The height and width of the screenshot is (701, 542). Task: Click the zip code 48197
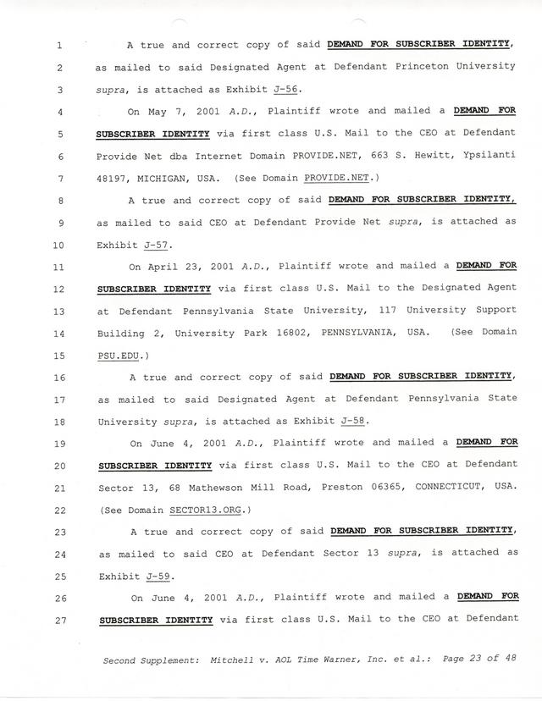[113, 179]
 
